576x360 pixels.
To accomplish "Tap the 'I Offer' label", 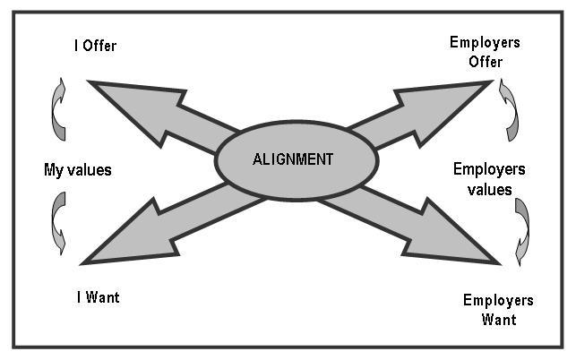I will [96, 44].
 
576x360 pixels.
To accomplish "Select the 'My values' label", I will [78, 169].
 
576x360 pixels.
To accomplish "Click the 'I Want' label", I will [98, 297].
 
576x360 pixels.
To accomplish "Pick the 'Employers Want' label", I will [498, 309].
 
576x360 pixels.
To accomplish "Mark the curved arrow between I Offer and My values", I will [57, 109].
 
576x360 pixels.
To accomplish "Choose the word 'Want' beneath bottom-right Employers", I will [498, 319].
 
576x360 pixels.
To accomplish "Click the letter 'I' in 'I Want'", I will [79, 297].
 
